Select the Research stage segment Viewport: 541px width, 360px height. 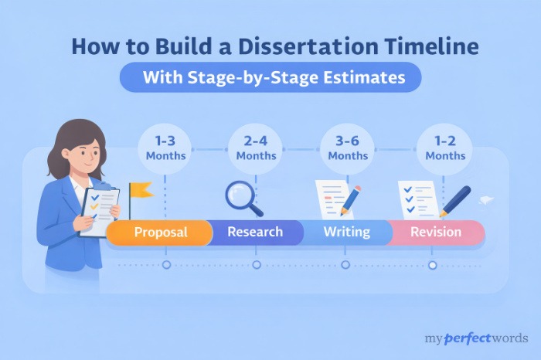coord(254,232)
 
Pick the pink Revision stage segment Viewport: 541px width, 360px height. coord(436,232)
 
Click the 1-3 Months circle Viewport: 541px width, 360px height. coord(165,148)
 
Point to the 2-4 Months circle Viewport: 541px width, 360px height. coord(256,148)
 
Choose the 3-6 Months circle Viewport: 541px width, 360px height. coord(348,148)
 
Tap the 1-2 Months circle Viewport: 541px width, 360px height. coord(444,148)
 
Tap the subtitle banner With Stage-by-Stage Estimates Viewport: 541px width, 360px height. coord(270,77)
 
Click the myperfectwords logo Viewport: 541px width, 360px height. coord(476,338)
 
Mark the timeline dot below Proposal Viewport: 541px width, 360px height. coord(166,264)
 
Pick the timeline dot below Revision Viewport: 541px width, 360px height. coord(433,264)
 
